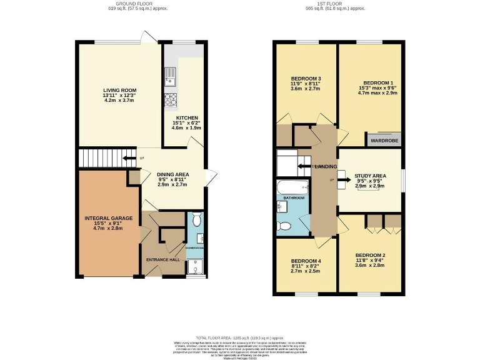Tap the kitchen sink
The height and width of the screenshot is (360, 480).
[169, 77]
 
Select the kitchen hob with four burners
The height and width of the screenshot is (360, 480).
[169, 99]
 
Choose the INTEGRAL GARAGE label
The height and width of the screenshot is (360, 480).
[109, 218]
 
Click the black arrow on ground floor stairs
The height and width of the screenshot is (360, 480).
[129, 158]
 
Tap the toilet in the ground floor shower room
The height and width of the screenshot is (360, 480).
[196, 219]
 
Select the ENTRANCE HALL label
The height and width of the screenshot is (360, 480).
[163, 259]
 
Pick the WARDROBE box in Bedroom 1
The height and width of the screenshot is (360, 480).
[384, 141]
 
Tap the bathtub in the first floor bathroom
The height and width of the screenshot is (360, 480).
[293, 187]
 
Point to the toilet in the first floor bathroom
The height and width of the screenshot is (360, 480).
[285, 226]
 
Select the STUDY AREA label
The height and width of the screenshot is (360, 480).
[371, 176]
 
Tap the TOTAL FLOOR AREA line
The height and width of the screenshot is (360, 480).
[241, 337]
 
